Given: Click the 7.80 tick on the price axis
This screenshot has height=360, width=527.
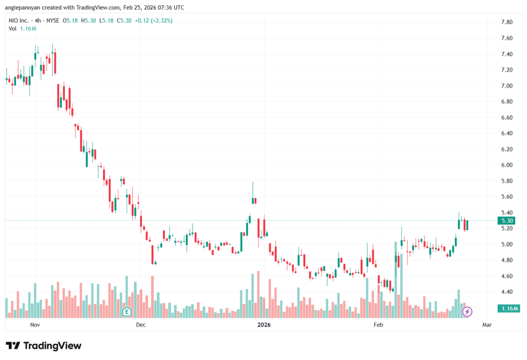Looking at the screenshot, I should click(x=506, y=22).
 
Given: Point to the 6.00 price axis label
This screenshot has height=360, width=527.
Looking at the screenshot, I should click(x=506, y=165).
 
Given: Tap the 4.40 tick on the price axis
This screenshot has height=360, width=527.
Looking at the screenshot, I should click(x=506, y=292).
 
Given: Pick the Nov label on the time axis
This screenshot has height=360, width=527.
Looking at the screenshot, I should click(x=35, y=325).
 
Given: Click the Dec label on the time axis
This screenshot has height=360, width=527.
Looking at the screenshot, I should click(x=140, y=325).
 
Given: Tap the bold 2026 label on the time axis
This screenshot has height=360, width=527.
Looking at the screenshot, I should click(x=264, y=325).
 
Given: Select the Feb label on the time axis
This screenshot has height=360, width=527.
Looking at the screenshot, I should click(x=378, y=325).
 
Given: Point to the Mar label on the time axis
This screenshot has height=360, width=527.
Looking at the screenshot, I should click(x=487, y=325).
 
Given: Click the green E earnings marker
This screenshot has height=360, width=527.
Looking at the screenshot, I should click(x=127, y=312).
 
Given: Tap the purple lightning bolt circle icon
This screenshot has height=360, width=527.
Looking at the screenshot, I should click(x=467, y=312).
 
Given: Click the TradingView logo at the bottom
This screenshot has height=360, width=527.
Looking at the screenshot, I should click(x=43, y=346).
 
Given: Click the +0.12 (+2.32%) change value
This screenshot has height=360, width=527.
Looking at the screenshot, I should click(x=154, y=21).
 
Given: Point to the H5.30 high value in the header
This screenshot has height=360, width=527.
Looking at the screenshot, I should click(x=89, y=21).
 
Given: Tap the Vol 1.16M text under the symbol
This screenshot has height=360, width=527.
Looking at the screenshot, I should click(x=22, y=28).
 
